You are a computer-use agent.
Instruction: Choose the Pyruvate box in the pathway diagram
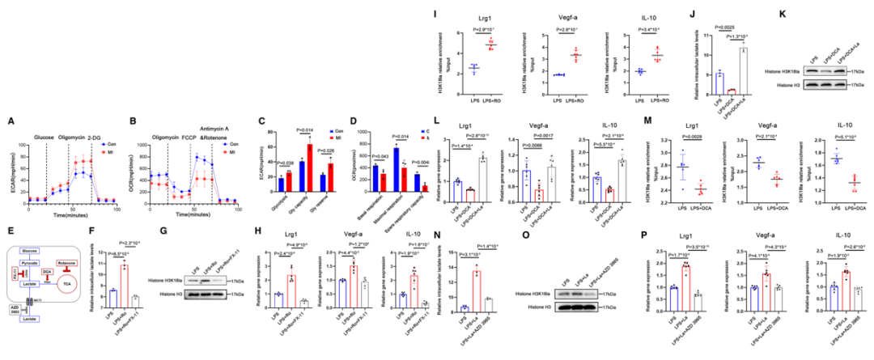coord(32,264)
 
